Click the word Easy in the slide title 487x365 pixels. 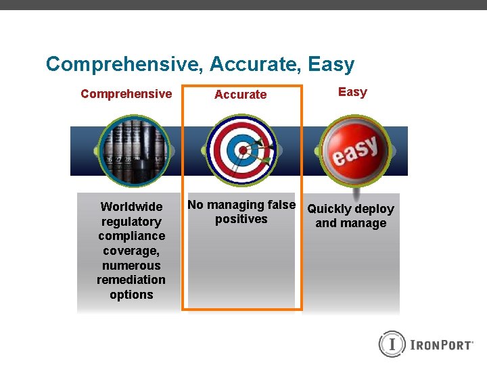331,65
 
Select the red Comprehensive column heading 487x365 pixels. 126,94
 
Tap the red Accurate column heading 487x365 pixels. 240,95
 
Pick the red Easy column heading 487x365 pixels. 352,92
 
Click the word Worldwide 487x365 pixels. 131,207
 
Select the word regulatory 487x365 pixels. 131,222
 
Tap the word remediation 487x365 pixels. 131,280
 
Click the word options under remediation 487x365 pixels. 131,295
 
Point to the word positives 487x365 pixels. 241,220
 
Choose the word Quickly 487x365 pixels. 329,209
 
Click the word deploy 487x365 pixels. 374,209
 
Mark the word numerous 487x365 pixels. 131,266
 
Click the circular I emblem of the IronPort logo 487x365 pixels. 391,344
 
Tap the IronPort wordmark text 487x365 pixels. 441,345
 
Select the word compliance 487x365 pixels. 131,236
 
